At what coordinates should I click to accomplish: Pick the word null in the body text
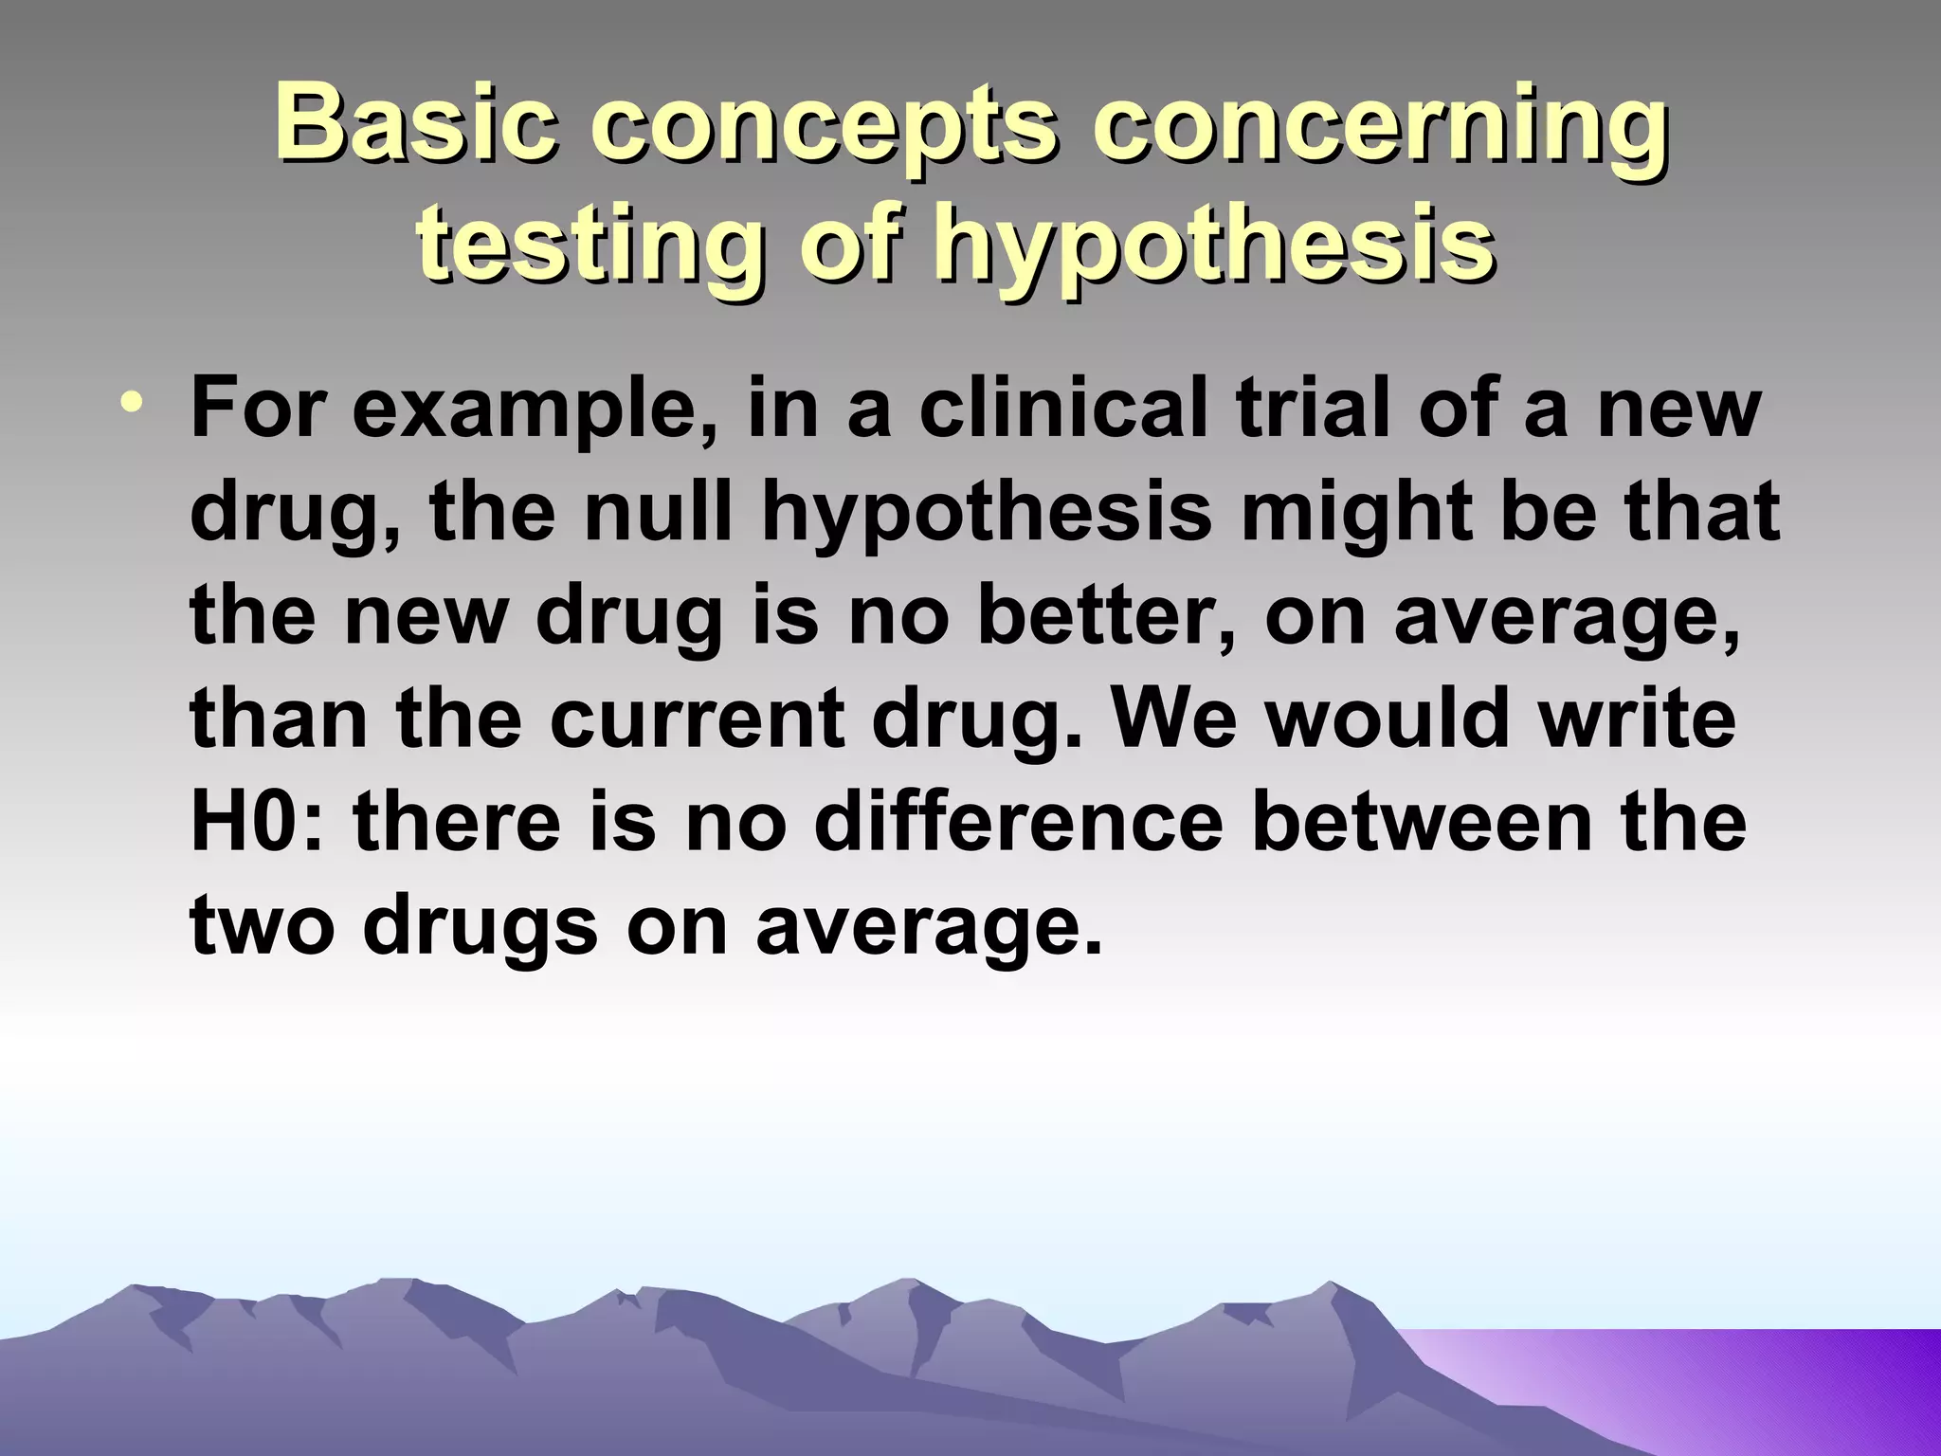click(662, 512)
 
